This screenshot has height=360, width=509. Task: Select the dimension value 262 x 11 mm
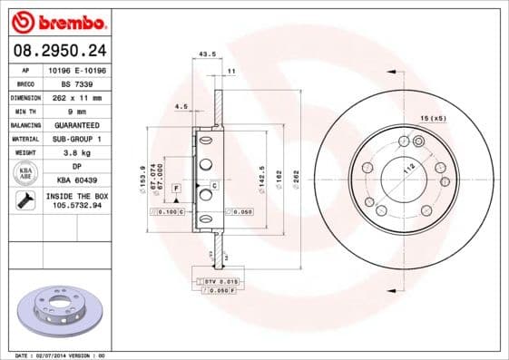[77, 96]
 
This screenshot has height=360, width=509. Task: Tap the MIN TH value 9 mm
[77, 111]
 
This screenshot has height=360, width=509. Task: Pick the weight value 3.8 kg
[77, 153]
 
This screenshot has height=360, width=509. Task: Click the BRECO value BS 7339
[77, 83]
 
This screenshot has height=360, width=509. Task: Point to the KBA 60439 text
[77, 181]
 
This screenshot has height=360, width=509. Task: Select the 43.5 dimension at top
[207, 54]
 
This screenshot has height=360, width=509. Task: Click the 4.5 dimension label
[181, 108]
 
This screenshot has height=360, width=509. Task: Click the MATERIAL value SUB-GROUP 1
[77, 139]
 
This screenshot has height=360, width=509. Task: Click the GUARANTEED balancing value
[77, 124]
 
